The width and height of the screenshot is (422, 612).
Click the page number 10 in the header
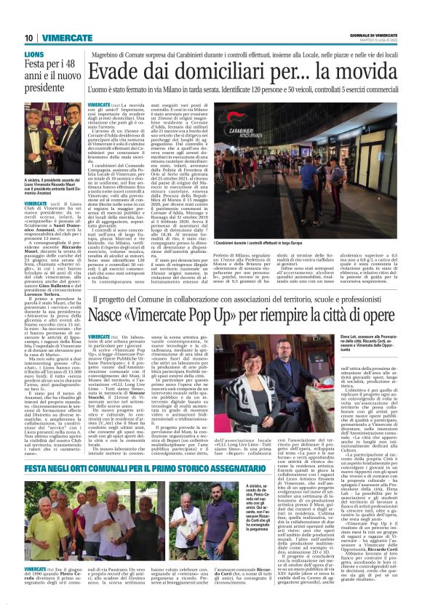pos(29,38)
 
